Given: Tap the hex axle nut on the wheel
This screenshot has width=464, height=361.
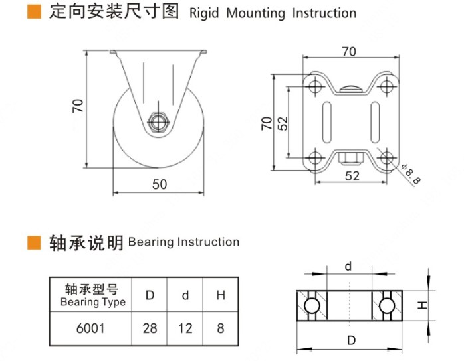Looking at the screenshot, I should pos(158,122).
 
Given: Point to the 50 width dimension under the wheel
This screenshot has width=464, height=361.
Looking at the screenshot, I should pos(160,184).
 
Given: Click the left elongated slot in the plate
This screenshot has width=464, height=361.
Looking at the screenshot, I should pos(326,122).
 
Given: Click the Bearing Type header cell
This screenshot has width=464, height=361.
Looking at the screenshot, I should pos(92,296).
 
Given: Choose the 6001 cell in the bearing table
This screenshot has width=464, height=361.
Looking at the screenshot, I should pos(92,328).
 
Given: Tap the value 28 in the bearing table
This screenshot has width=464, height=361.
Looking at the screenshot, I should pos(150,328).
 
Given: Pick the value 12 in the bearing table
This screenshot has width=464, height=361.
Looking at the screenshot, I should pos(185,328).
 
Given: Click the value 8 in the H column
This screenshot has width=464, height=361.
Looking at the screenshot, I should pos(221,328).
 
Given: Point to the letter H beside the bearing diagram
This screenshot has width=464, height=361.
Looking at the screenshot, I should pos(421,305).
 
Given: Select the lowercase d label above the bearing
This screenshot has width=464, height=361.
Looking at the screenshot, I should pos(348,267).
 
